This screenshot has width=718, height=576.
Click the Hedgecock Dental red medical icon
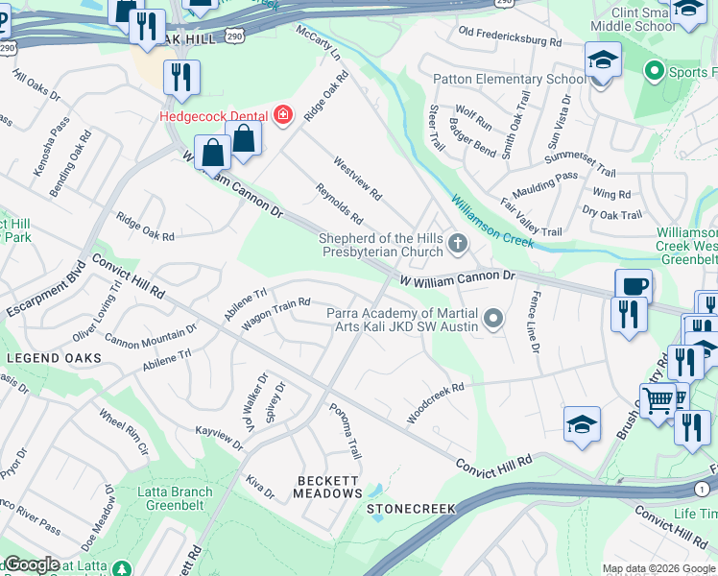pyautogui.click(x=282, y=117)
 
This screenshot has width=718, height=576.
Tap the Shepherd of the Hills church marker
pyautogui.click(x=457, y=246)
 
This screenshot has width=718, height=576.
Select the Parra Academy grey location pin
pyautogui.click(x=493, y=318)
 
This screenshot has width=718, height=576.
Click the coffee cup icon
pyautogui.click(x=634, y=285)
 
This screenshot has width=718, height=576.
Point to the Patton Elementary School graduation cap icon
pyautogui.click(x=602, y=60)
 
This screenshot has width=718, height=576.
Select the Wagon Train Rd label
pyautogui.click(x=275, y=315)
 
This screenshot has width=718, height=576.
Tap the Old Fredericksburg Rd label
pyautogui.click(x=510, y=36)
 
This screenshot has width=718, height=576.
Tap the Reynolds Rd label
pyautogui.click(x=339, y=202)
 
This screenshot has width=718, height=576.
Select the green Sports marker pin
pyautogui.click(x=656, y=71)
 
